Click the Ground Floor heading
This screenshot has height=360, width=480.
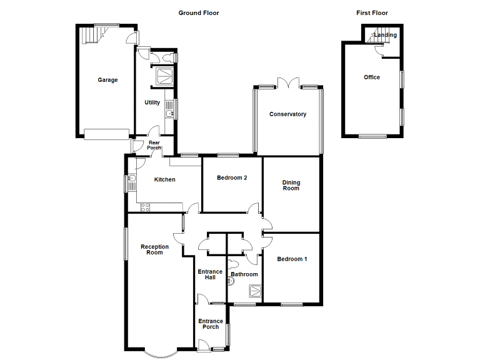pos(199,12)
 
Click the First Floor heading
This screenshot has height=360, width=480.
pos(372,12)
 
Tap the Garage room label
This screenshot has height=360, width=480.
pos(107,80)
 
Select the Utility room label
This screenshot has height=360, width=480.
pos(152,102)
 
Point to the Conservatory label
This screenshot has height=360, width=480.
pos(287,114)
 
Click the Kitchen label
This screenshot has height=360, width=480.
pos(165,180)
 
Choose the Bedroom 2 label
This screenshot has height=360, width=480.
pos(232,178)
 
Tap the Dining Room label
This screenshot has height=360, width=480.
pos(291,186)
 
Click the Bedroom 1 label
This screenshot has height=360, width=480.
pos(292,259)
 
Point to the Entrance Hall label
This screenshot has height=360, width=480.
pos(210,274)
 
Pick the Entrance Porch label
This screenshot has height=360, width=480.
pos(211,324)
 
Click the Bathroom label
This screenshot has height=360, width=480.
pos(244,274)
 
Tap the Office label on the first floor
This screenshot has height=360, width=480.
pos(372,77)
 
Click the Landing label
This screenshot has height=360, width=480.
pos(386,35)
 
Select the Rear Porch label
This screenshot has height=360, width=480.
pos(154,145)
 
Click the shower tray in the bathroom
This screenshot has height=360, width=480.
pos(254,291)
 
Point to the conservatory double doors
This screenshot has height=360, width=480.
pos(288,83)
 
